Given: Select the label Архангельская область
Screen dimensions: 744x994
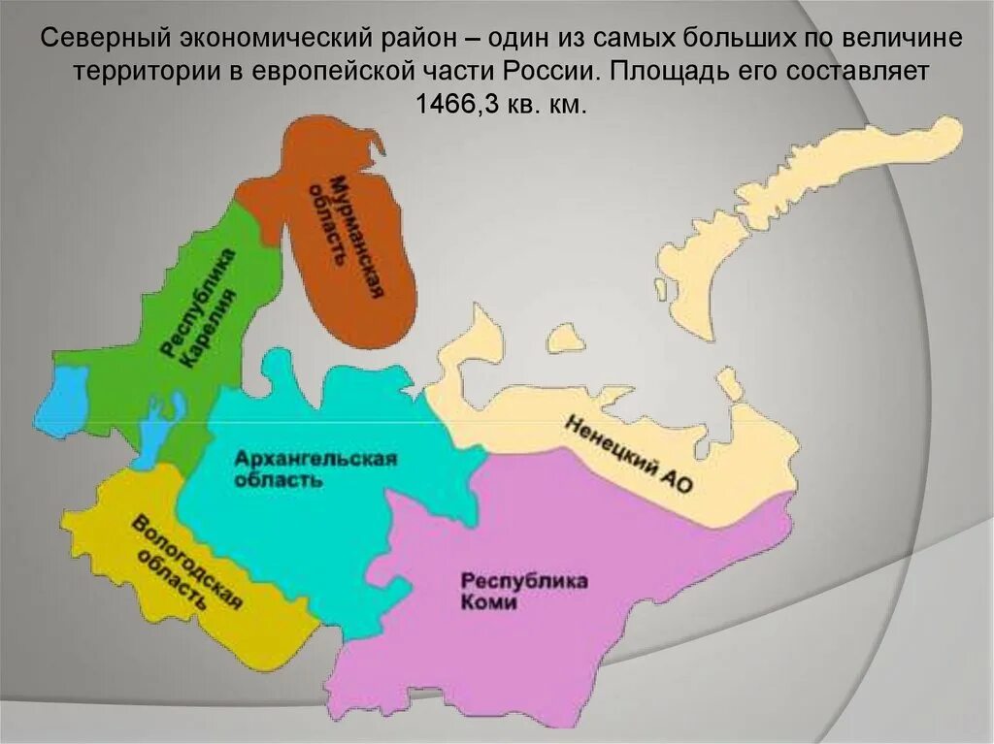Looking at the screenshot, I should tap(315, 469).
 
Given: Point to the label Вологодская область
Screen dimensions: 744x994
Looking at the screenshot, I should tap(184, 563).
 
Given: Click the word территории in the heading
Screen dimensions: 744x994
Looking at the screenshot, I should tap(142, 73).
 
